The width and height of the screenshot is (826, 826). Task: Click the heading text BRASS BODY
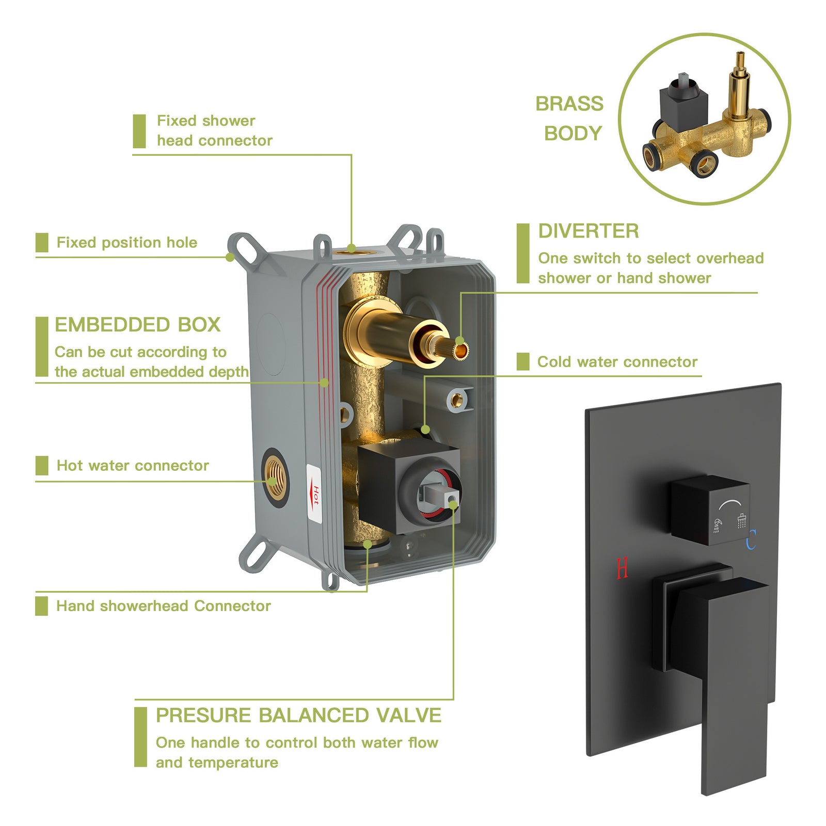[570, 118]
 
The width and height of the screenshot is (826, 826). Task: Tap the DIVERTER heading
[589, 231]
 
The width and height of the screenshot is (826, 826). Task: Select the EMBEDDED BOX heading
[137, 325]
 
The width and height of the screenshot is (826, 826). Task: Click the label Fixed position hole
[126, 243]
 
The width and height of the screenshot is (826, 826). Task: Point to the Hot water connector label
[133, 466]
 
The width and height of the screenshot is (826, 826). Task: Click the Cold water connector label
[617, 362]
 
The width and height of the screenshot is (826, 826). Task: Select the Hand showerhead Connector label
[163, 606]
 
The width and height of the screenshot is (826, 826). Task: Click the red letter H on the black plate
[622, 568]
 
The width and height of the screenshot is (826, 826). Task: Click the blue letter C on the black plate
[751, 539]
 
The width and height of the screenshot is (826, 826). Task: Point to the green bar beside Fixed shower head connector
[139, 131]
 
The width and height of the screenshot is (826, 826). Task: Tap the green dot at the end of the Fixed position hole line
[230, 257]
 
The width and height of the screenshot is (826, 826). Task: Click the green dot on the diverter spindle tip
[459, 341]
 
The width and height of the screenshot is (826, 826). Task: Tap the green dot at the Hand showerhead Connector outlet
[367, 544]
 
